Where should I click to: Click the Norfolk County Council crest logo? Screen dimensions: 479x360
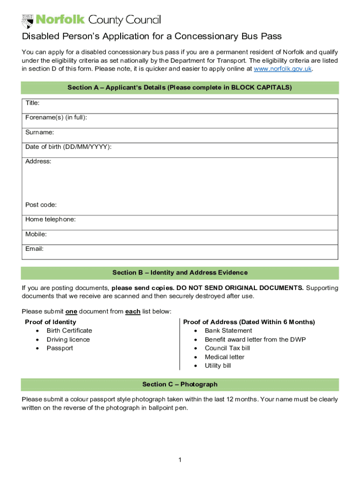[x=28, y=21]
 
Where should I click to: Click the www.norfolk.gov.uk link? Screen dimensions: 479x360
[x=282, y=69]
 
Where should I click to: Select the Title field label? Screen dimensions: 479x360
[x=32, y=103]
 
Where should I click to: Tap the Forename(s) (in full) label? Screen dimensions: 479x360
[x=56, y=117]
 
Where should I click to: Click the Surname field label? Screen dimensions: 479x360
[x=39, y=132]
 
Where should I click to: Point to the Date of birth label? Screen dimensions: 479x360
[x=68, y=147]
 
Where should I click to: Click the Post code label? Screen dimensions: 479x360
[x=41, y=205]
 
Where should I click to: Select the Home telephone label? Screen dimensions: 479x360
[x=50, y=219]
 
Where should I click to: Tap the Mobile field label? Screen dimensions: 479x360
[x=36, y=234]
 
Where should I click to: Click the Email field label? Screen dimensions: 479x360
[x=34, y=249]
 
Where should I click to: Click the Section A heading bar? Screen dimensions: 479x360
[x=180, y=87]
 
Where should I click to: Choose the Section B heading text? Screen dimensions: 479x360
[x=180, y=273]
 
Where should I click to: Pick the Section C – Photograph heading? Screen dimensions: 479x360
[x=180, y=385]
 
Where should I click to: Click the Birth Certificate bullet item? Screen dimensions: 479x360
[x=69, y=331]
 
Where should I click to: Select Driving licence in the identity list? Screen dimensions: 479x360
[x=68, y=340]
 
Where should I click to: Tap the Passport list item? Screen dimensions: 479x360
[x=59, y=348]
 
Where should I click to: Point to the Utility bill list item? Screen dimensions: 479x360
[x=217, y=366]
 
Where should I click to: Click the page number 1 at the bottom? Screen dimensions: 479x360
[x=180, y=460]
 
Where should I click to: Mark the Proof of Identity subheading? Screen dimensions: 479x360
[x=50, y=322]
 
